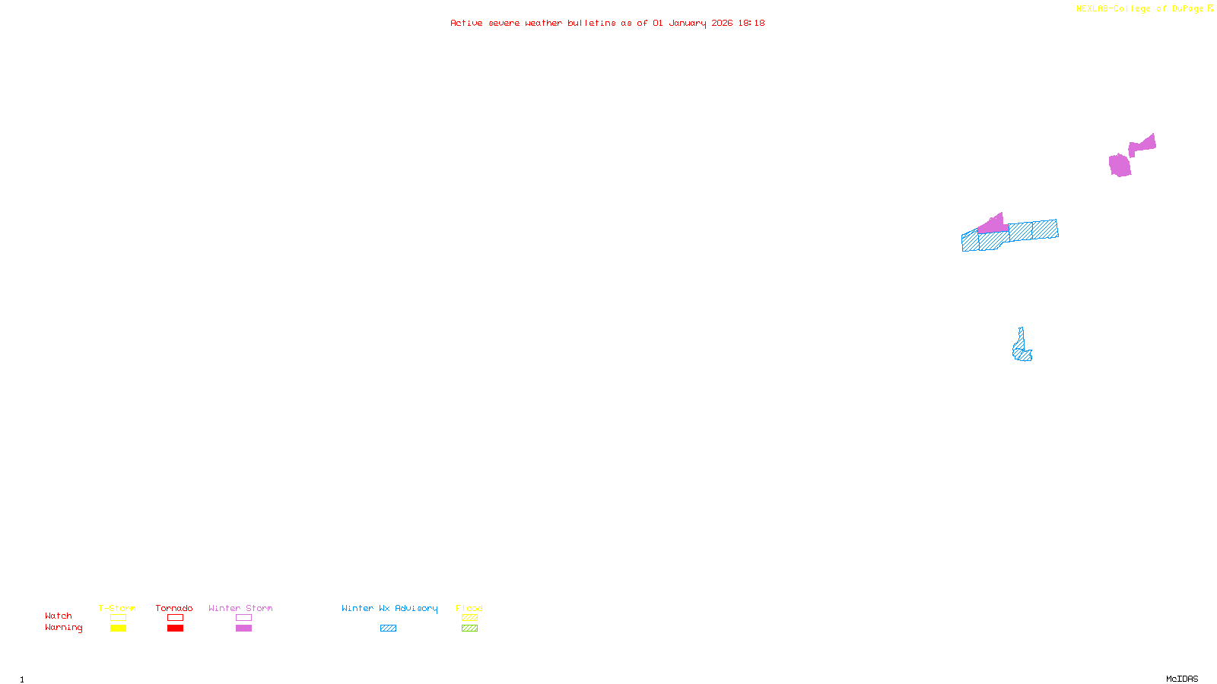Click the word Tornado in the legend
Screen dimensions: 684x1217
point(174,608)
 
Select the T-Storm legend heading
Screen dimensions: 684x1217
point(117,608)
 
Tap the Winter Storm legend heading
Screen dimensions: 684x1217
point(240,608)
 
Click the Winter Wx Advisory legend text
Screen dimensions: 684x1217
point(389,608)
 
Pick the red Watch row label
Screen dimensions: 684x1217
point(59,616)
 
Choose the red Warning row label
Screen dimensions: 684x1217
point(63,628)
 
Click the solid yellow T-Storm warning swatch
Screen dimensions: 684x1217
point(118,629)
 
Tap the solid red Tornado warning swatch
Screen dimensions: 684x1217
point(175,629)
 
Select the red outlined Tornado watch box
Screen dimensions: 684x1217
point(175,618)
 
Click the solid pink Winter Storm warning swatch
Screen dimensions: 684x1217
point(243,629)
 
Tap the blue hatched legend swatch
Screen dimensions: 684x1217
point(388,629)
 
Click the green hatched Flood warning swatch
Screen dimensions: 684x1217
point(469,629)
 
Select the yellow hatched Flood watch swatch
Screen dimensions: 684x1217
point(469,618)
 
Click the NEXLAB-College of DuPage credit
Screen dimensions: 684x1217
point(1140,9)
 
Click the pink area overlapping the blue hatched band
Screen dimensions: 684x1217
point(993,225)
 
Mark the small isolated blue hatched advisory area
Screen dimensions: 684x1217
point(1022,349)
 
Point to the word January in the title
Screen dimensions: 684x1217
point(688,23)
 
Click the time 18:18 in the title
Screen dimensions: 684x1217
point(751,23)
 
